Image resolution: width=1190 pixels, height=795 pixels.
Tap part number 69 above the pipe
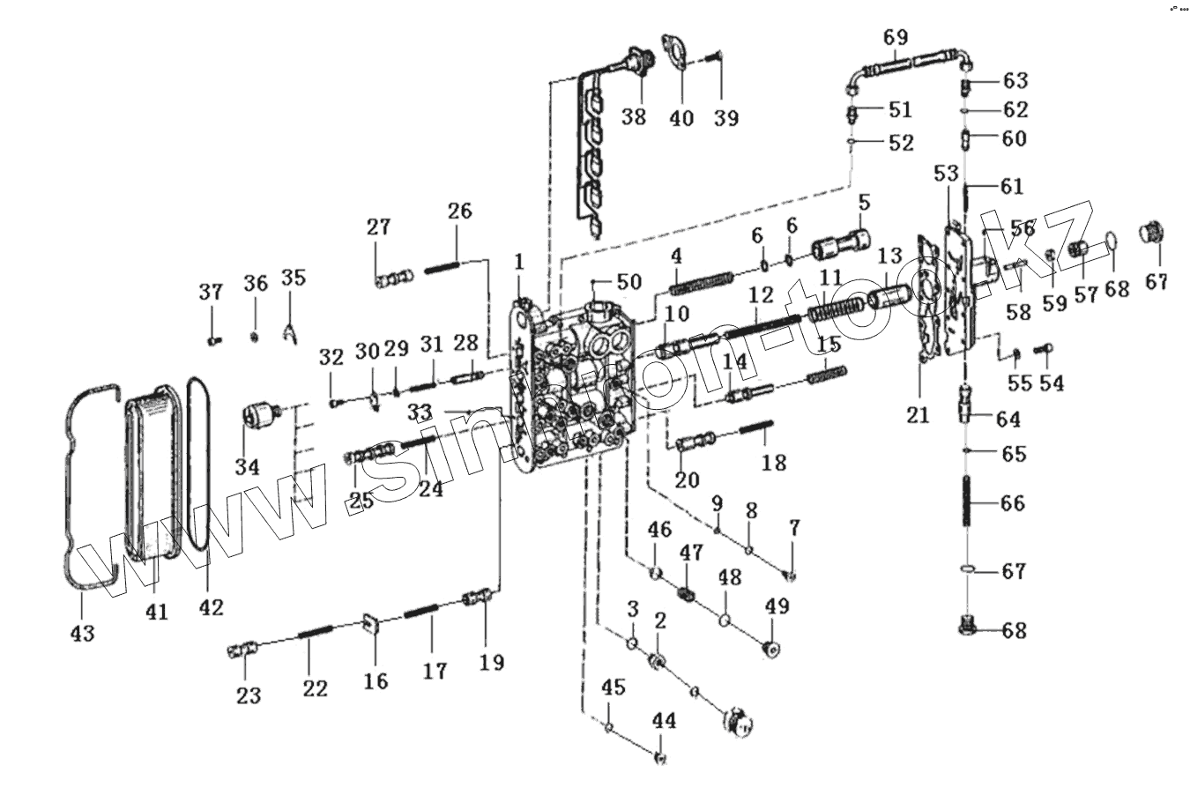895,38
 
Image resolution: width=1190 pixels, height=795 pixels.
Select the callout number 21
918,414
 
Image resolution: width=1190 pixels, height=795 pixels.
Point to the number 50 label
628,282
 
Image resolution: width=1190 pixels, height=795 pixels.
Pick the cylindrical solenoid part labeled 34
260,414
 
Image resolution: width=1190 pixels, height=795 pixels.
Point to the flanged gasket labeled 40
680,52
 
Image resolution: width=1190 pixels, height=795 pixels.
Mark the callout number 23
249,695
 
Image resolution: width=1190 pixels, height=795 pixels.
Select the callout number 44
664,720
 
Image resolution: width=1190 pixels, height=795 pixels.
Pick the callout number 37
211,292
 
